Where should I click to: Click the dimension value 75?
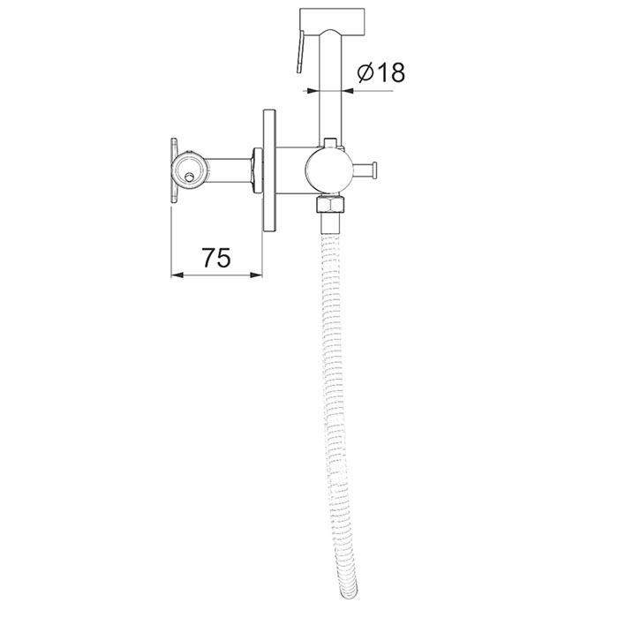(216, 258)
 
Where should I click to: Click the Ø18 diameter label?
(381, 73)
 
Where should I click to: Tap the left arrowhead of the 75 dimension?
(177, 275)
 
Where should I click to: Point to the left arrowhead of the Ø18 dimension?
(313, 91)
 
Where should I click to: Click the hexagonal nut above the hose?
(331, 204)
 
